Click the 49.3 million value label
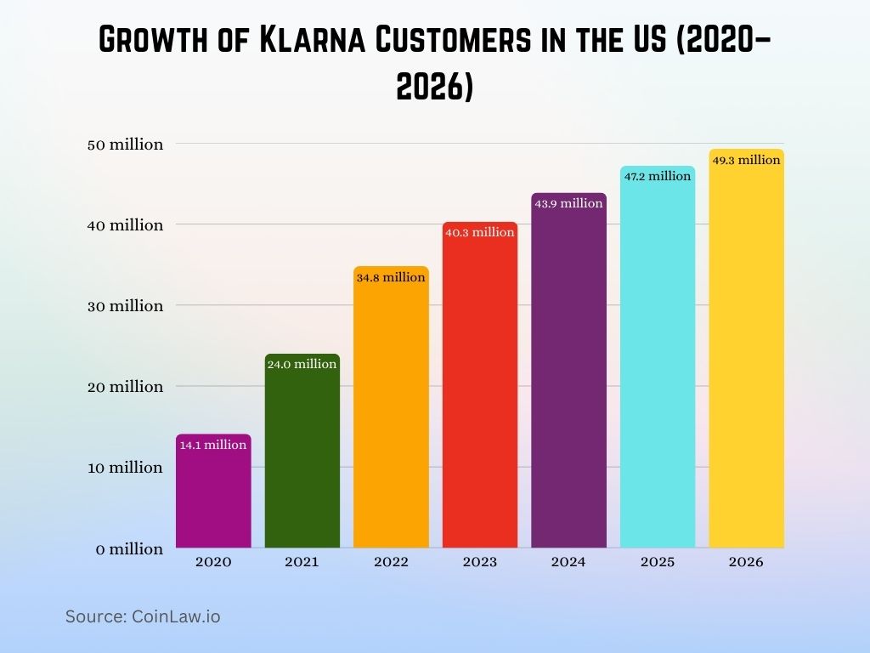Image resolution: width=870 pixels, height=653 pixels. point(746,160)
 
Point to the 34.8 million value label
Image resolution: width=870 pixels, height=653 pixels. point(391,277)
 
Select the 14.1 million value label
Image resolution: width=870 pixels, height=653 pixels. point(213,445)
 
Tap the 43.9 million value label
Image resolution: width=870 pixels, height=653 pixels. point(568,203)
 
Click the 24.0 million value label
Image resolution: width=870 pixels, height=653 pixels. point(302,364)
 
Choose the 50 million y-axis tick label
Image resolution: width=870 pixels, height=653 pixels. point(125,145)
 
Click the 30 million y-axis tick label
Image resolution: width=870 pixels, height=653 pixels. point(125,306)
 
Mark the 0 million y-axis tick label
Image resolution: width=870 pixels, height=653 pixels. point(129,549)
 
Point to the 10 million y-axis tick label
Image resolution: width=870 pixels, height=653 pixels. point(125,468)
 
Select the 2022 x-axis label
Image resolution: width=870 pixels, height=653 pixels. point(391,562)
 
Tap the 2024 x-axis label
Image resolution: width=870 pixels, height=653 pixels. point(568,562)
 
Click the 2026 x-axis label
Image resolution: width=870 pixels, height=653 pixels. point(746,562)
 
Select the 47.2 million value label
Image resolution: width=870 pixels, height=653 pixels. point(658,176)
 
